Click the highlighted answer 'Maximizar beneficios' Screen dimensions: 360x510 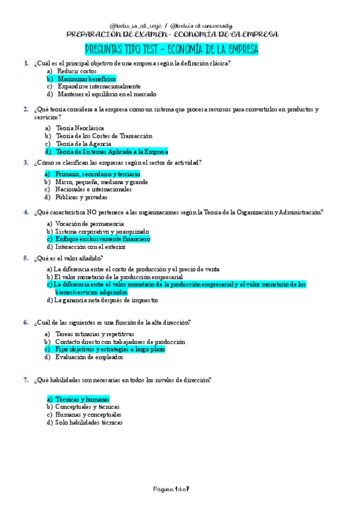pyautogui.click(x=87, y=79)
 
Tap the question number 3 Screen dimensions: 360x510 pyautogui.click(x=26, y=162)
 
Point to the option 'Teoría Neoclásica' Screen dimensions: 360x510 pyautogui.click(x=80, y=128)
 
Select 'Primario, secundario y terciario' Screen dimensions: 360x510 pyautogui.click(x=97, y=174)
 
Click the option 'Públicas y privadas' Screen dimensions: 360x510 pyautogui.click(x=81, y=197)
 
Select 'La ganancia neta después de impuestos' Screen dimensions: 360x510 pyautogui.click(x=106, y=300)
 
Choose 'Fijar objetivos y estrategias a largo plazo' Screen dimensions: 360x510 pyautogui.click(x=110, y=349)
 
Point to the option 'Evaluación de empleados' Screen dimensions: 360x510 pyautogui.click(x=89, y=357)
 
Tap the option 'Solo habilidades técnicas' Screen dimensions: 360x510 pyautogui.click(x=88, y=422)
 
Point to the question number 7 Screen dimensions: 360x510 pyautogui.click(x=26, y=379)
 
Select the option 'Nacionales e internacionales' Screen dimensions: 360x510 pyautogui.click(x=93, y=189)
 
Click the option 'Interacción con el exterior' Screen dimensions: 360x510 pyautogui.click(x=90, y=247)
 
